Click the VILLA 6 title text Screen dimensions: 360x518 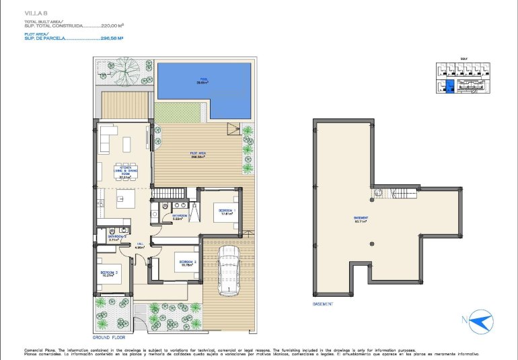tap(34, 13)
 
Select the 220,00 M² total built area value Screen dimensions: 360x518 tap(112, 26)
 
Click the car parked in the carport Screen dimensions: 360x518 tap(229, 271)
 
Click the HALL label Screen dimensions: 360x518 tap(140, 246)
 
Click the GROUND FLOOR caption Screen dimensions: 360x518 tap(109, 336)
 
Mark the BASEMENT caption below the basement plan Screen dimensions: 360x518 tap(324, 303)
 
